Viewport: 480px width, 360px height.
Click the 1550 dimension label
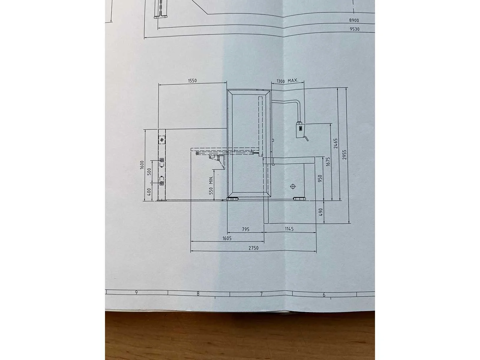(192, 81)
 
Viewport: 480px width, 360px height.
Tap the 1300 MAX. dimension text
(287, 81)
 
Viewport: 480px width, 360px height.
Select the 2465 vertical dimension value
(335, 143)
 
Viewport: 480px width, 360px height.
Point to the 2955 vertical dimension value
(344, 154)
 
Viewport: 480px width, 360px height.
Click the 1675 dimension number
(328, 162)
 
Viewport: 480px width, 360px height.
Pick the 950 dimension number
(320, 178)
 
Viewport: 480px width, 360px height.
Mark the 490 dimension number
(321, 212)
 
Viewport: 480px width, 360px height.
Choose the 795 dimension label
(246, 229)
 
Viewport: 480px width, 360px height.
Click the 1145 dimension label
(289, 229)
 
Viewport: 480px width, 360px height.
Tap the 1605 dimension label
(227, 238)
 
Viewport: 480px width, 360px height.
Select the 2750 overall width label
(253, 248)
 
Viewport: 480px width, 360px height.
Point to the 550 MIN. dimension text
(211, 185)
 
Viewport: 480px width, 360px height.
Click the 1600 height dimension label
(142, 165)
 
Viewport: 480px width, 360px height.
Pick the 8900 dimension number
(354, 20)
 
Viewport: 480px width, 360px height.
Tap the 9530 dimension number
(355, 29)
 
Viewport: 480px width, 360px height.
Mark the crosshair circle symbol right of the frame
(292, 186)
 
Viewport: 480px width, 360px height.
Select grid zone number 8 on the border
(198, 294)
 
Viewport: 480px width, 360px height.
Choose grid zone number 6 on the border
(324, 295)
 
